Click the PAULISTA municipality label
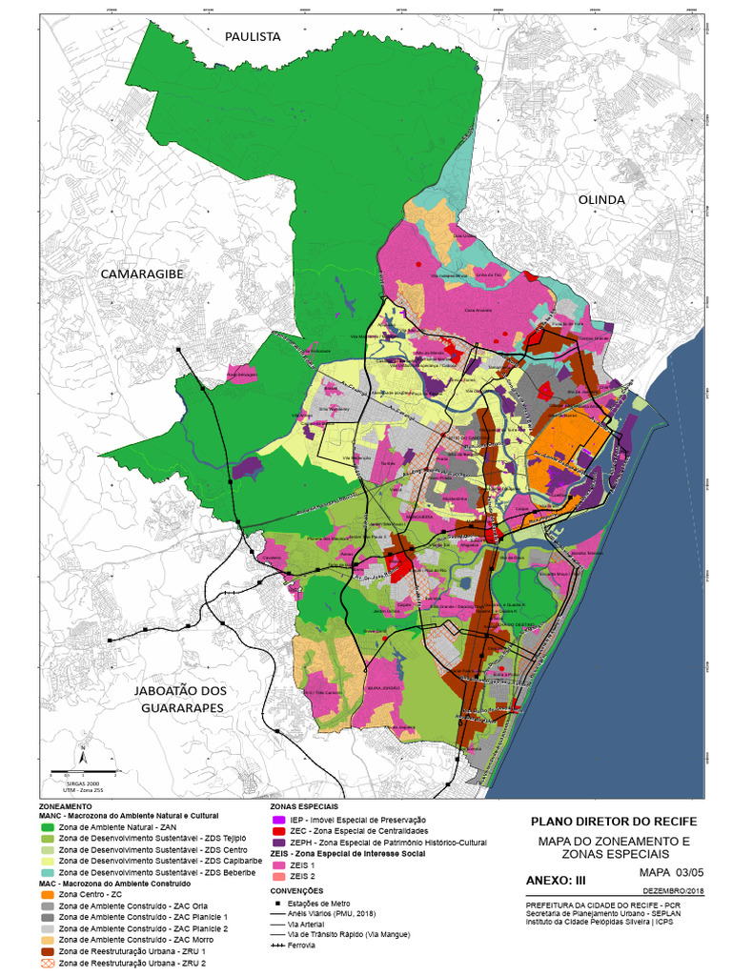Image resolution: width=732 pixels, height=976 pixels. (x=253, y=36)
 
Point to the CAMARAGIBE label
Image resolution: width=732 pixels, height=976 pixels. (x=142, y=274)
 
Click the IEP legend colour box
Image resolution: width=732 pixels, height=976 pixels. (x=278, y=820)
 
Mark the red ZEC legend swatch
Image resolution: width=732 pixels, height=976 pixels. (x=278, y=831)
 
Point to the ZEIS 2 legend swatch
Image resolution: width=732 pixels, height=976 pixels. (x=278, y=876)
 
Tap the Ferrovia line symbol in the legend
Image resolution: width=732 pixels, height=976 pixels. (x=278, y=945)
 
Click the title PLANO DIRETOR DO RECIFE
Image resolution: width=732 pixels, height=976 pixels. (x=613, y=821)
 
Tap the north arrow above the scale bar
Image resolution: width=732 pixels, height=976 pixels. (x=83, y=755)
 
